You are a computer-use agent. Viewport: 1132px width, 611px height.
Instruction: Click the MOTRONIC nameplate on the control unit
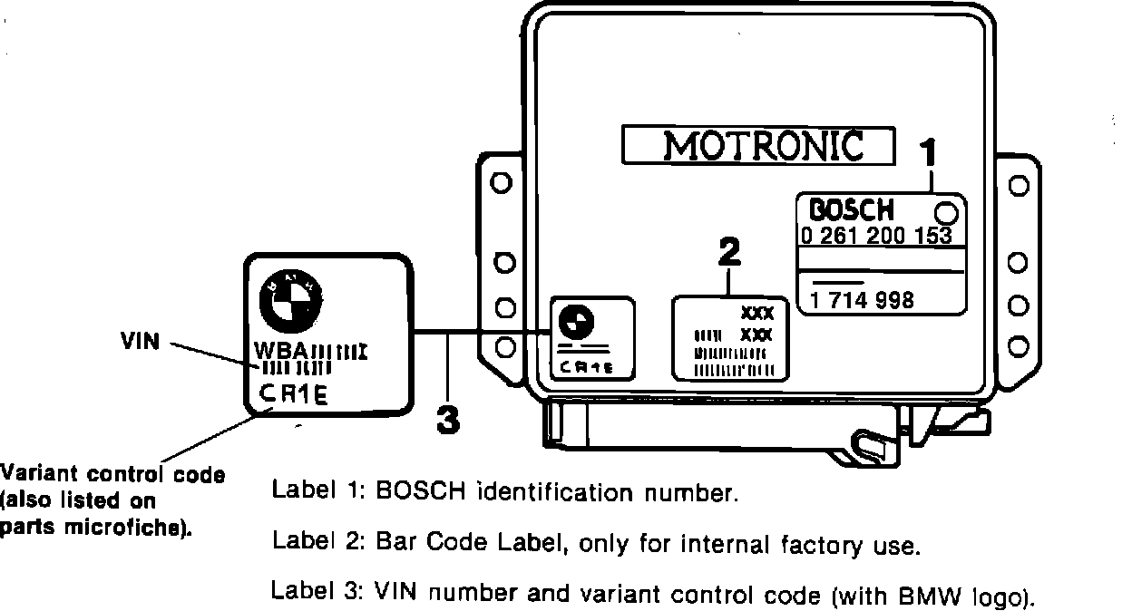pyautogui.click(x=758, y=145)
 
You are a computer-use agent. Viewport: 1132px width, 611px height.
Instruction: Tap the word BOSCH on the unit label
pyautogui.click(x=850, y=209)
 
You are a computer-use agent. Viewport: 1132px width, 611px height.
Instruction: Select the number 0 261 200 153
pyautogui.click(x=875, y=236)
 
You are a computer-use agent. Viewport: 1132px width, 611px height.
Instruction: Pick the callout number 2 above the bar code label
pyautogui.click(x=729, y=253)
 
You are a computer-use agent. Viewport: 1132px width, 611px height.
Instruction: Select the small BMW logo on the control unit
pyautogui.click(x=574, y=320)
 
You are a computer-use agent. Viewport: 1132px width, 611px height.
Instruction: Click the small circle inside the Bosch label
pyautogui.click(x=945, y=213)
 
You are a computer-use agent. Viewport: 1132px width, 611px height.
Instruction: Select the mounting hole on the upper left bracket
pyautogui.click(x=498, y=183)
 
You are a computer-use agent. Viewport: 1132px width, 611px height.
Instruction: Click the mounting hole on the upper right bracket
pyautogui.click(x=1018, y=185)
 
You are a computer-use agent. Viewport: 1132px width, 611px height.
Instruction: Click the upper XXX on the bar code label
pyautogui.click(x=756, y=314)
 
